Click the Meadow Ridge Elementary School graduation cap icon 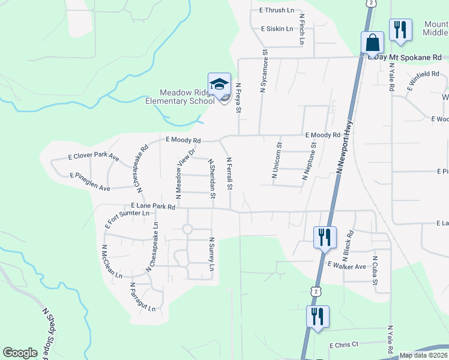[219, 83]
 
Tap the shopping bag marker [372, 43]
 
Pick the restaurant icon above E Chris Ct [318, 316]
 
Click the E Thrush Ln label [277, 10]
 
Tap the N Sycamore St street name [264, 71]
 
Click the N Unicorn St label [277, 160]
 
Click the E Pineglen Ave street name [90, 182]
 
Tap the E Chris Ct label [343, 344]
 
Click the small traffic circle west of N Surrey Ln [187, 229]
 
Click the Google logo [20, 353]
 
